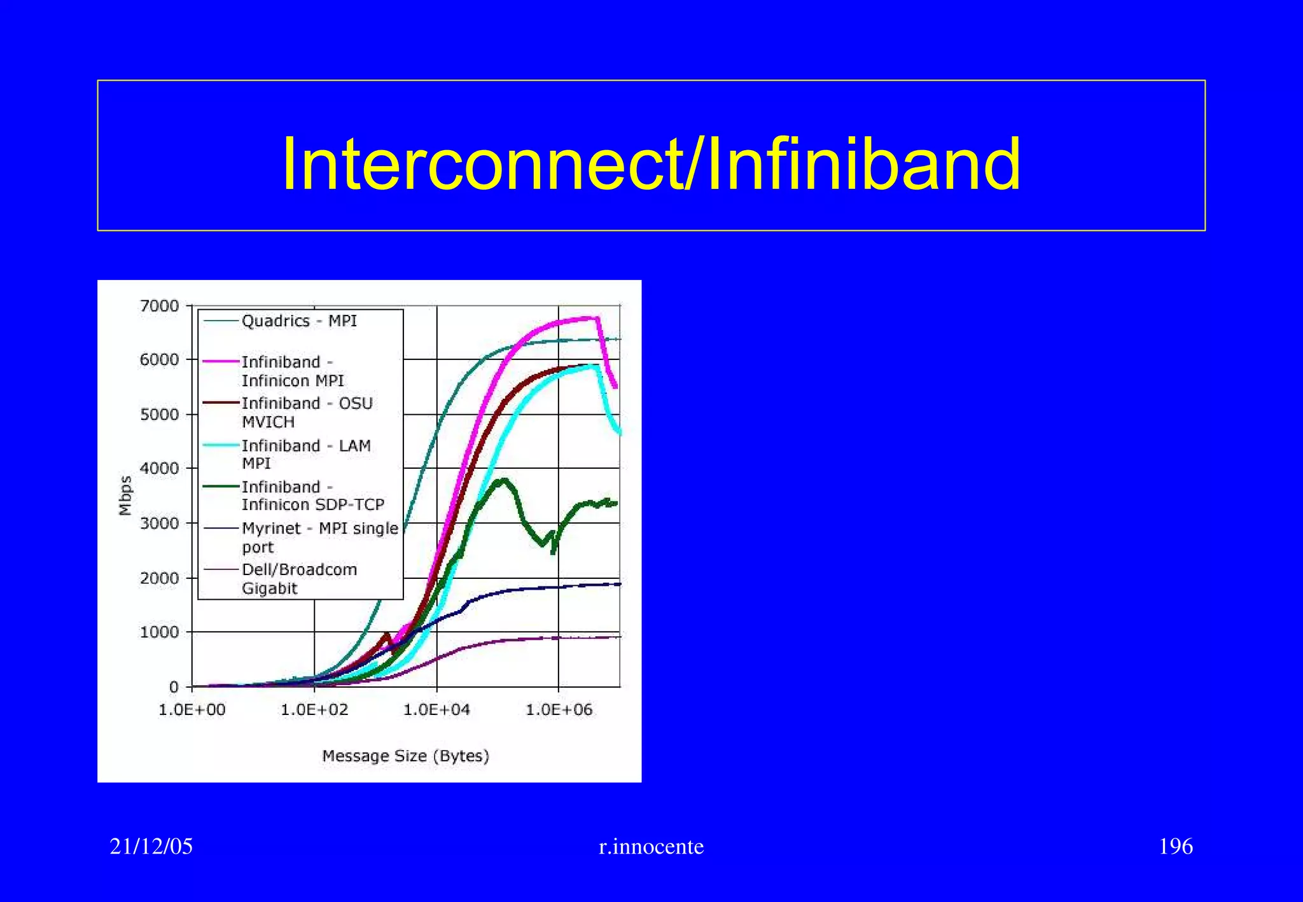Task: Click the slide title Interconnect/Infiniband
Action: pos(651,164)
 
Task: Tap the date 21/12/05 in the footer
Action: pos(151,847)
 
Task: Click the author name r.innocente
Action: pos(651,847)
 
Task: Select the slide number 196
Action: pos(1175,847)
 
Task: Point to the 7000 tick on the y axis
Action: pos(159,306)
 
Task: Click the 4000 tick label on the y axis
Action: pos(159,469)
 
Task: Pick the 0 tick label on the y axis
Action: pos(174,687)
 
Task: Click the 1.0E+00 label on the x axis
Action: pos(192,710)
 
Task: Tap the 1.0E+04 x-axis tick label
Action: pos(436,710)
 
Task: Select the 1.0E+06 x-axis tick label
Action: pos(559,710)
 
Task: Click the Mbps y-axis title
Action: pos(125,496)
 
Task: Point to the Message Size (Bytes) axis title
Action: pos(405,756)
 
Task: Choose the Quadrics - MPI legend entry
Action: pos(299,321)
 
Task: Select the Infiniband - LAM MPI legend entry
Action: pos(305,454)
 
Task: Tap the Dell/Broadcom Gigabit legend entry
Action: pos(299,578)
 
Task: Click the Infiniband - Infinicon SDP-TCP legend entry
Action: pos(312,496)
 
